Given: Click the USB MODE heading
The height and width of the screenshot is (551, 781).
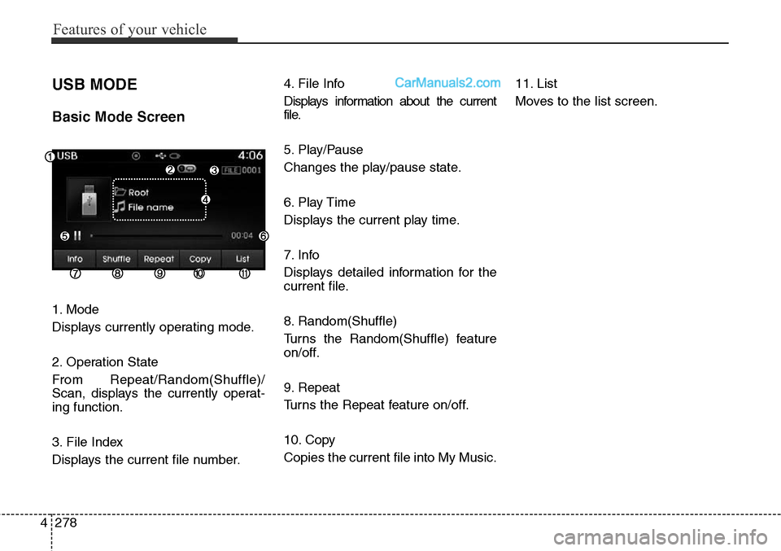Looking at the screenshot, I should (x=94, y=85).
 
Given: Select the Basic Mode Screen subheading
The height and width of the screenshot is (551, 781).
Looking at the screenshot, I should (x=118, y=116).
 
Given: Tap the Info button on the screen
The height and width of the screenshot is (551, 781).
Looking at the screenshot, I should (x=75, y=259).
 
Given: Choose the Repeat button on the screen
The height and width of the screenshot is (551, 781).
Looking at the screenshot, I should (x=159, y=259).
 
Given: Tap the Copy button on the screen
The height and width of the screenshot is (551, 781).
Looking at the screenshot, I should (x=200, y=259).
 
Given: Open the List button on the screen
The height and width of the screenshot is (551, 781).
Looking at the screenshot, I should (x=242, y=259).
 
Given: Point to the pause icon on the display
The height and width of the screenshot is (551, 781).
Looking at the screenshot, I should (x=77, y=235).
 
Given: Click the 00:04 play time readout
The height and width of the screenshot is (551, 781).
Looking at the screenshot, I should (x=242, y=235).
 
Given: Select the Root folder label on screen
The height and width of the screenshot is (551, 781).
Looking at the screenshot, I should (x=138, y=193).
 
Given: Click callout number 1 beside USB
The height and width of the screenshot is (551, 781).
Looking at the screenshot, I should (x=50, y=156).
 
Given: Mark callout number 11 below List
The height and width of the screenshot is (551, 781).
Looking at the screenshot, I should (x=244, y=274).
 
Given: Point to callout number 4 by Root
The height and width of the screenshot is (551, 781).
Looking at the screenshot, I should (x=206, y=199).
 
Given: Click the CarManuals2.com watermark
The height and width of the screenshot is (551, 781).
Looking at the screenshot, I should (x=447, y=83).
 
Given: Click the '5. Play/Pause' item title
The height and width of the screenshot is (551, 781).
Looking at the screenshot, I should (x=323, y=150).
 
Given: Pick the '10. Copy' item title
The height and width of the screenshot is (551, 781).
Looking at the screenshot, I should (x=310, y=439).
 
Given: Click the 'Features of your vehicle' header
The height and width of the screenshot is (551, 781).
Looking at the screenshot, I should (x=129, y=30).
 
